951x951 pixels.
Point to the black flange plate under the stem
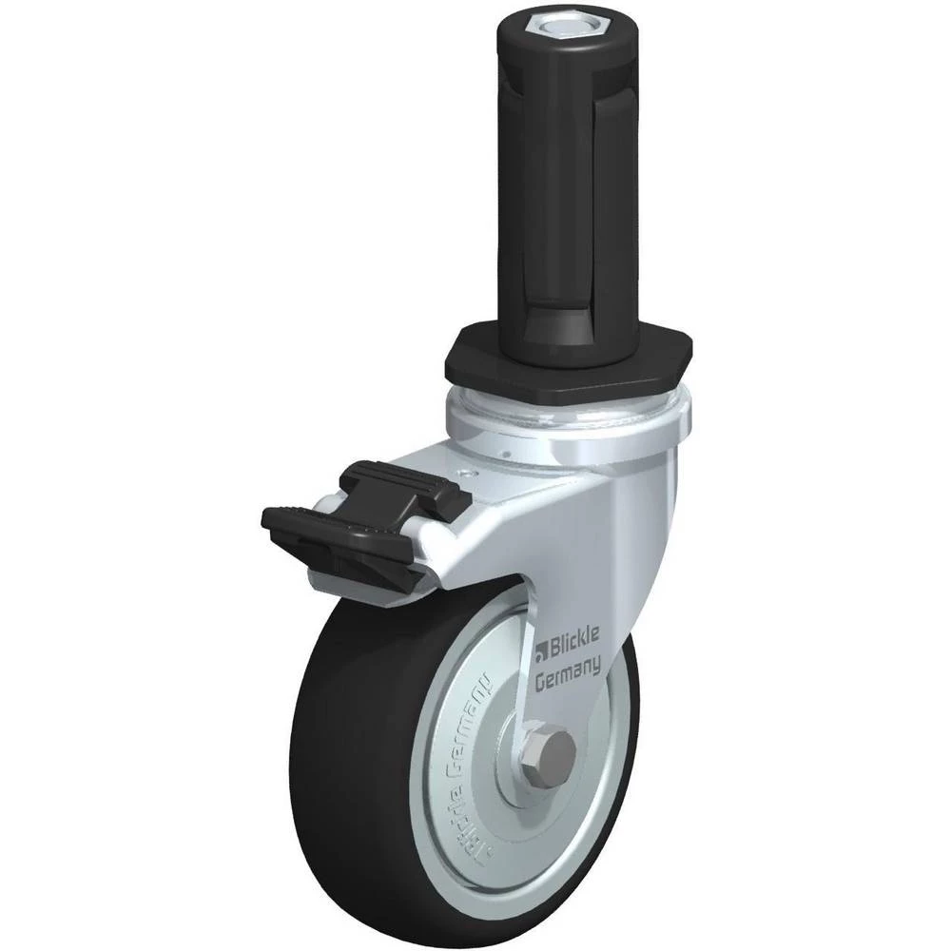(x=569, y=361)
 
